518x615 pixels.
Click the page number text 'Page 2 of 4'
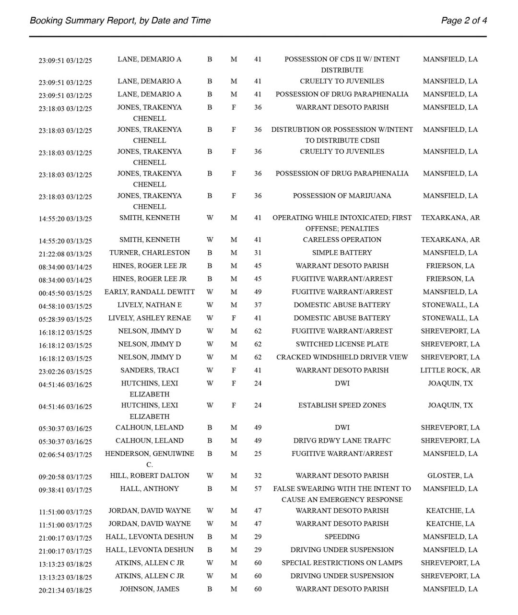(464, 21)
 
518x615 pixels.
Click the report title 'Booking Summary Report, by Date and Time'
(120, 21)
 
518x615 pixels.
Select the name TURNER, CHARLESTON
(150, 253)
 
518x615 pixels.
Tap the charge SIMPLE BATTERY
(342, 253)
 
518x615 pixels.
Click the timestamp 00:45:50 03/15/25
(65, 292)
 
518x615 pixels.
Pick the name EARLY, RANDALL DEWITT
(150, 292)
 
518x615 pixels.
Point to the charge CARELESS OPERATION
(342, 240)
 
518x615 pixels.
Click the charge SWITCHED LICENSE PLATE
(342, 344)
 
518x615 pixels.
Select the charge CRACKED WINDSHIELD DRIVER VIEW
(342, 357)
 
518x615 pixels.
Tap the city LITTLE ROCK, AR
(450, 370)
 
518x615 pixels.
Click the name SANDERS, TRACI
(150, 370)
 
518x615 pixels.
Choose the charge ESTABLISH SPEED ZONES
(342, 405)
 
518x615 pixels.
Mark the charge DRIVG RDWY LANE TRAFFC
(342, 441)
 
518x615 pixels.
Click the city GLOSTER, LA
(450, 476)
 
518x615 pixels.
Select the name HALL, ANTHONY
(150, 488)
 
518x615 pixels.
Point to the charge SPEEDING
(342, 537)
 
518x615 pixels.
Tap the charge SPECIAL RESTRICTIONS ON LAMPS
(342, 563)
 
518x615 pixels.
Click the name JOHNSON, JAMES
(150, 589)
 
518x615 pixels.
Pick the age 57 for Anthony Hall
(258, 488)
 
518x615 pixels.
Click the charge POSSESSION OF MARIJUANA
(342, 196)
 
